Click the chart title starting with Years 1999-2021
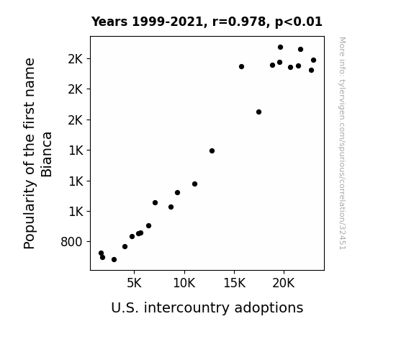pyautogui.click(x=207, y=22)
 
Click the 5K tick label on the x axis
pyautogui.click(x=134, y=284)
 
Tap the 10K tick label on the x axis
pyautogui.click(x=184, y=284)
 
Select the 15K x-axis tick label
pyautogui.click(x=234, y=284)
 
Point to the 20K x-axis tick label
pyautogui.click(x=284, y=284)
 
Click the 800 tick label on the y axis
pyautogui.click(x=71, y=242)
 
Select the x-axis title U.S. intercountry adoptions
pyautogui.click(x=207, y=308)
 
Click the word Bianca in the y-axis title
pyautogui.click(x=47, y=155)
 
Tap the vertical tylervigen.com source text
pyautogui.click(x=343, y=143)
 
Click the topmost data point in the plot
pyautogui.click(x=280, y=48)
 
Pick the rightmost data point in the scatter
pyautogui.click(x=313, y=60)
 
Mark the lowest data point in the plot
pyautogui.click(x=114, y=260)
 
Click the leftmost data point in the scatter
pyautogui.click(x=101, y=253)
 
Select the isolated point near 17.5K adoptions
pyautogui.click(x=258, y=112)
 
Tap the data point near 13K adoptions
pyautogui.click(x=212, y=150)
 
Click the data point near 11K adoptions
pyautogui.click(x=194, y=184)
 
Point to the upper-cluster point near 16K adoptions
pyautogui.click(x=241, y=66)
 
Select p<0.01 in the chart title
pyautogui.click(x=299, y=22)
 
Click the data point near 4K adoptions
pyautogui.click(x=125, y=247)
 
